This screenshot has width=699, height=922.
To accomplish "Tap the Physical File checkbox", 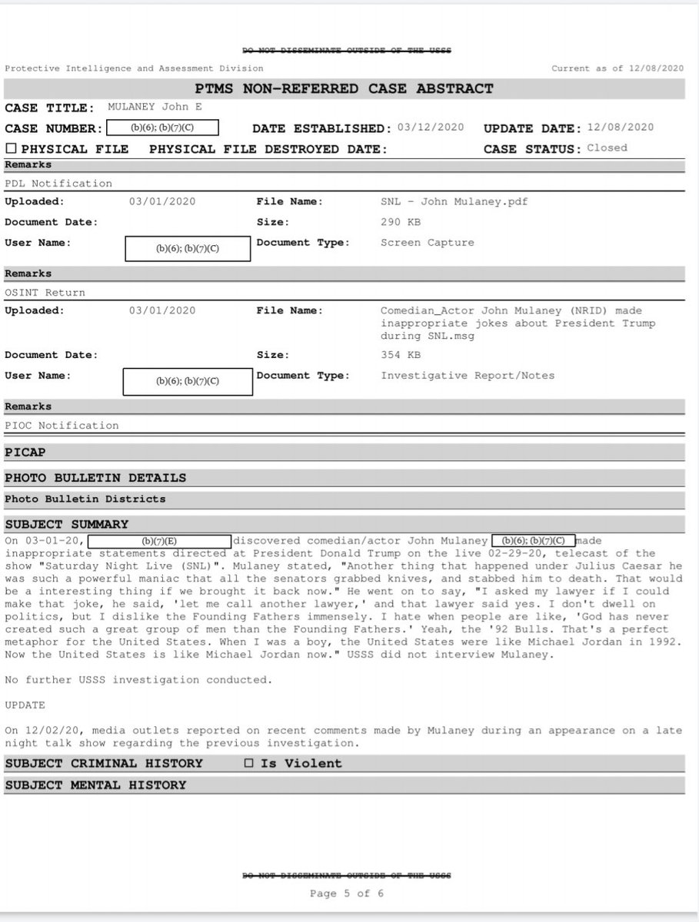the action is (x=11, y=149).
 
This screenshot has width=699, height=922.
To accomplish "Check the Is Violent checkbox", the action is (x=248, y=763).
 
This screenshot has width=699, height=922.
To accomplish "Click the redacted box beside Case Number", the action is (x=163, y=128).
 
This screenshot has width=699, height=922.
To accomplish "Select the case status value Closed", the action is (x=607, y=148).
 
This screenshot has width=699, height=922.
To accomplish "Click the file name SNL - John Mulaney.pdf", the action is (x=454, y=202).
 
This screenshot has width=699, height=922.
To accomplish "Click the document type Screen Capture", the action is (x=428, y=243).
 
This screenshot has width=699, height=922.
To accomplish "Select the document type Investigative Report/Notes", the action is (x=468, y=376).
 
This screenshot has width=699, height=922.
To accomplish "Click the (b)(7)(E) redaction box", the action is (x=160, y=541).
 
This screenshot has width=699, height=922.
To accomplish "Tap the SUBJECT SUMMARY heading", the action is (x=67, y=524).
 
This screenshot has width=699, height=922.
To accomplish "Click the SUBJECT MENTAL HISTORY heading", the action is (x=95, y=784).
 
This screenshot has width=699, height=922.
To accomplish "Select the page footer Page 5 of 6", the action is (x=346, y=894).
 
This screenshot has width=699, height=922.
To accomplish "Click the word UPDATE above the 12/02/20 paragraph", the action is (x=25, y=705).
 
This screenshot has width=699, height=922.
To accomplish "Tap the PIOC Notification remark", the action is (x=62, y=426).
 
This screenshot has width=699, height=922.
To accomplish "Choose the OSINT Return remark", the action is (x=45, y=293).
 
